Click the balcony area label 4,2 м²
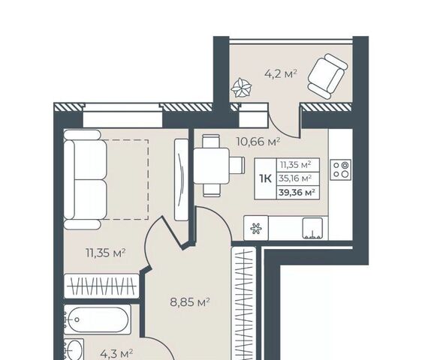(x=281, y=73)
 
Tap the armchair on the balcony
(x=327, y=76)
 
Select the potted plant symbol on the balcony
(x=242, y=88)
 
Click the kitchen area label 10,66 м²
(x=258, y=141)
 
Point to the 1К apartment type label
(x=265, y=178)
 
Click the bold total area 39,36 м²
(x=297, y=193)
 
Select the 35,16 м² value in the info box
(x=296, y=178)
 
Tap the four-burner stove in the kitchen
(x=341, y=169)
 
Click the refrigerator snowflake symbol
(x=256, y=228)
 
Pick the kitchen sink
(x=312, y=228)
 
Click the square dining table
(x=211, y=166)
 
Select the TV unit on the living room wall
(x=182, y=180)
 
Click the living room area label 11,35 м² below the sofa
(x=105, y=253)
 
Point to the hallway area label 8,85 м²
(x=190, y=302)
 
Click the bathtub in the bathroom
(x=98, y=319)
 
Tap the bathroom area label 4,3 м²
(x=116, y=353)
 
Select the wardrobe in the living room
(x=101, y=286)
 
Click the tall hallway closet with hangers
(x=244, y=304)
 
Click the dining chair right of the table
(x=237, y=165)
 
